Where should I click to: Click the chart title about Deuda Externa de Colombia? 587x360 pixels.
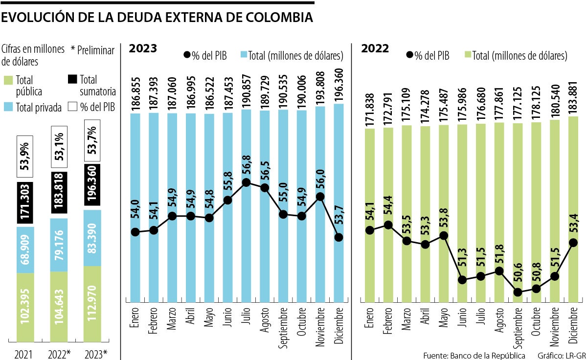[x=157, y=18]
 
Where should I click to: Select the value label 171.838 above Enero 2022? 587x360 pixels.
[x=370, y=105]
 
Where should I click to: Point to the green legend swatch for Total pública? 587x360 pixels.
[x=8, y=80]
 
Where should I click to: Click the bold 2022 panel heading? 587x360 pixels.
[x=375, y=48]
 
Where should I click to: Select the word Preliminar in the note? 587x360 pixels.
[x=95, y=50]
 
